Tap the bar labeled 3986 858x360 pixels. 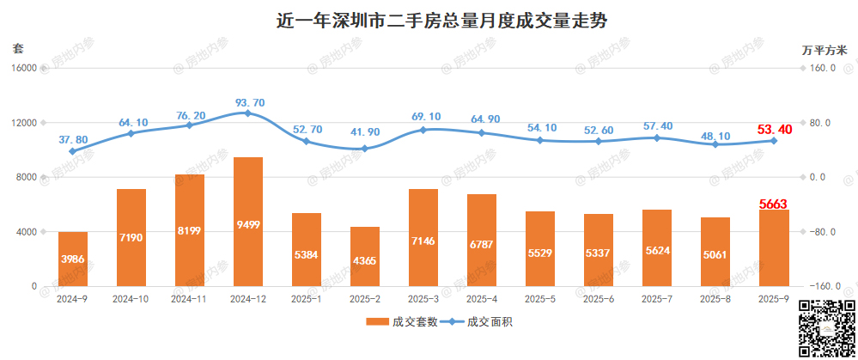pos(73,259)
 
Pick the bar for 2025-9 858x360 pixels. pos(774,248)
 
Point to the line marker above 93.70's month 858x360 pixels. pos(248,113)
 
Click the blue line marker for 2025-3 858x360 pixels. pos(423,130)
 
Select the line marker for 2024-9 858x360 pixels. pos(73,151)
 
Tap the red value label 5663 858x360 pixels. pos(774,204)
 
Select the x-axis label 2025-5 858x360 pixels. pos(540,299)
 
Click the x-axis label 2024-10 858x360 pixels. pos(131,299)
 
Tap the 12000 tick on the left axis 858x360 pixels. pos(26,123)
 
